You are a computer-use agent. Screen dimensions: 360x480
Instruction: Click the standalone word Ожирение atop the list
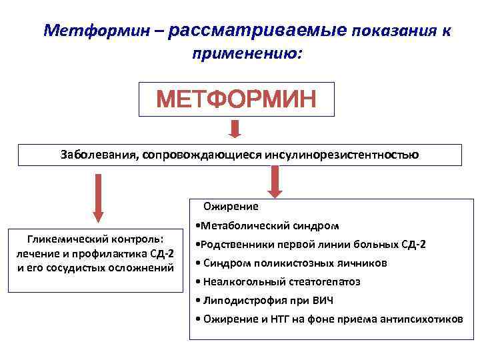tap(231, 207)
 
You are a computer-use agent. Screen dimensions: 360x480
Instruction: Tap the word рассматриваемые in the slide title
tap(258, 30)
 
